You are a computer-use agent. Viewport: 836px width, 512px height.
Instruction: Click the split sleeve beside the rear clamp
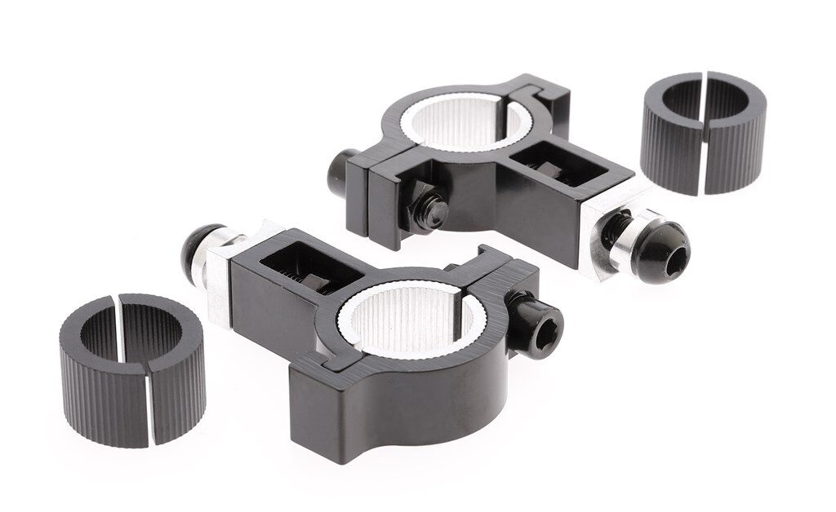(703, 135)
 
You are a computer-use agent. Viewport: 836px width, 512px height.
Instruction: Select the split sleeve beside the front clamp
(131, 372)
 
